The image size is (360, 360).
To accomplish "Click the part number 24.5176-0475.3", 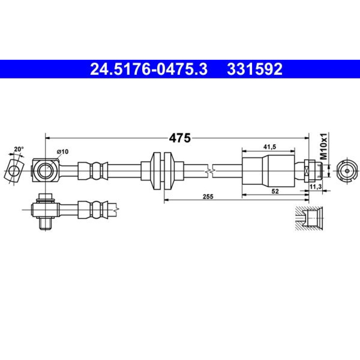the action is pyautogui.click(x=149, y=69).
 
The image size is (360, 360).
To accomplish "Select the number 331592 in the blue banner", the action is pyautogui.click(x=255, y=69).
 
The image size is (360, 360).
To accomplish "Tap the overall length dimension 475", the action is pyautogui.click(x=180, y=138).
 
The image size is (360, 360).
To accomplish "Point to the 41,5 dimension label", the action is pyautogui.click(x=270, y=147).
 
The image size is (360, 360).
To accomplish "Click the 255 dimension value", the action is pyautogui.click(x=208, y=197).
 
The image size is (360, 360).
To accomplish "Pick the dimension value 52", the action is pyautogui.click(x=275, y=191).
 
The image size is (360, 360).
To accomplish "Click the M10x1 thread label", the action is pyautogui.click(x=324, y=146).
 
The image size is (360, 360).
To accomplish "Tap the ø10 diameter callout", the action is pyautogui.click(x=63, y=152).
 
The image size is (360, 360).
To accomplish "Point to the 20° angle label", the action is pyautogui.click(x=19, y=149).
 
